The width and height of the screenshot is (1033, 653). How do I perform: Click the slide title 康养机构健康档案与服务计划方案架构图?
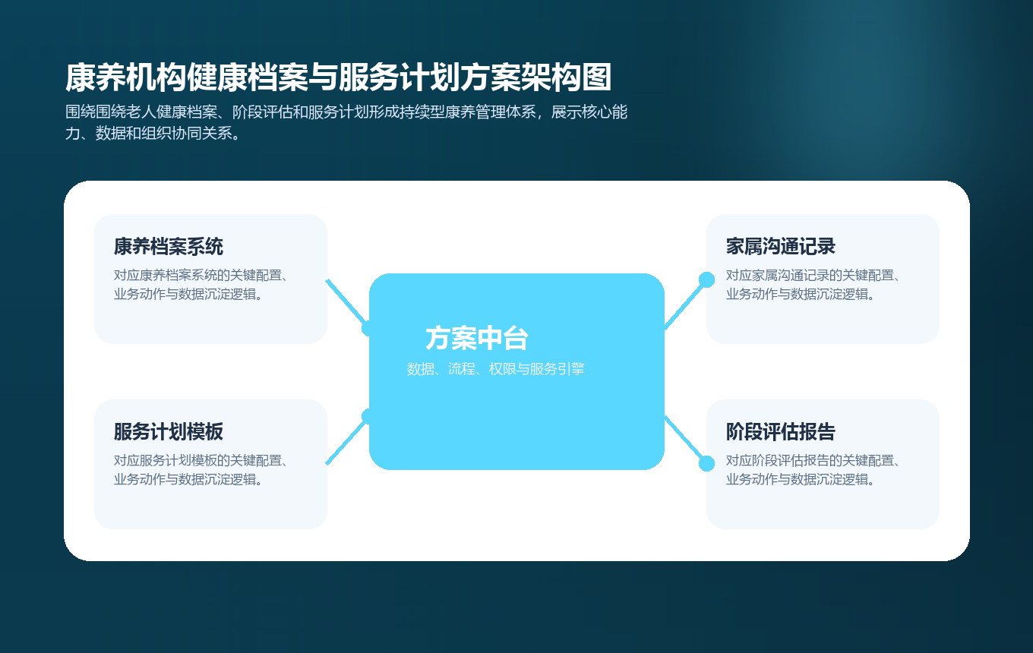(x=339, y=78)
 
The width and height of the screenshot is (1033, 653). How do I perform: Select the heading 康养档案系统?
(x=169, y=247)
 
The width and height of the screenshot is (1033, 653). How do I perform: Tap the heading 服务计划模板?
(x=169, y=432)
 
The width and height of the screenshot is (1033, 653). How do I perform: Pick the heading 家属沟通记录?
(x=781, y=247)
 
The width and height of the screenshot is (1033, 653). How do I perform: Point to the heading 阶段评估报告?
(x=781, y=432)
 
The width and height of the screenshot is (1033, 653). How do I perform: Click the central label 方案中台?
(x=477, y=339)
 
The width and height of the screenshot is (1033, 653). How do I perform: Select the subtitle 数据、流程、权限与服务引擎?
(x=496, y=370)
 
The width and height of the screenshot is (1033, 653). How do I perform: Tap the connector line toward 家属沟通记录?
(x=685, y=304)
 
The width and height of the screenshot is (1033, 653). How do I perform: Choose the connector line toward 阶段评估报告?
(x=685, y=440)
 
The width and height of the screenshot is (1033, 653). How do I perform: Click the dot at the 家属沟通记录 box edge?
(x=706, y=279)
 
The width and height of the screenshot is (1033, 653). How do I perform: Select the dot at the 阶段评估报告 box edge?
(x=706, y=463)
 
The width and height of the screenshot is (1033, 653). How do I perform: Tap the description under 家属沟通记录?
(x=813, y=285)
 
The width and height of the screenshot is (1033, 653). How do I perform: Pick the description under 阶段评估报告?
(x=813, y=470)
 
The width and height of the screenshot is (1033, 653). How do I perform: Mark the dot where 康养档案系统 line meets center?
(x=368, y=328)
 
